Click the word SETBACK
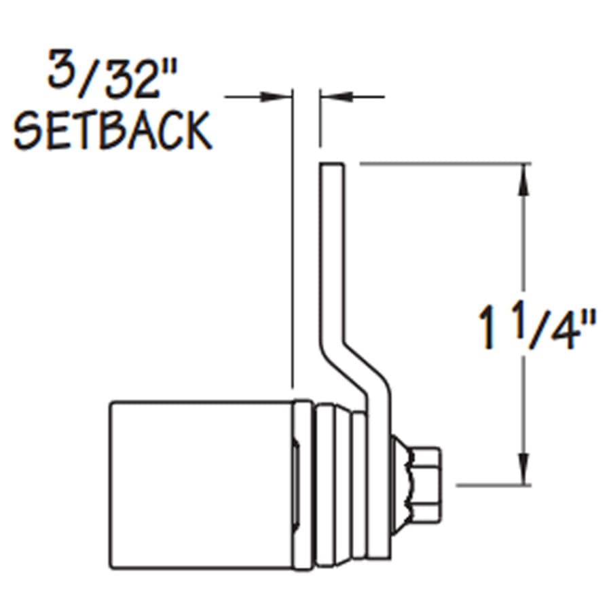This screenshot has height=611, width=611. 113,130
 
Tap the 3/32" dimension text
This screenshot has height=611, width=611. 112,74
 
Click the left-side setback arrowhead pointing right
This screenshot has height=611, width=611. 275,96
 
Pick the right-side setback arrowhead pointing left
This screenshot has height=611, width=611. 337,96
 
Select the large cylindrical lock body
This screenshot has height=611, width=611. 201,485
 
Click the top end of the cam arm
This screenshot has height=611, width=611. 332,164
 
